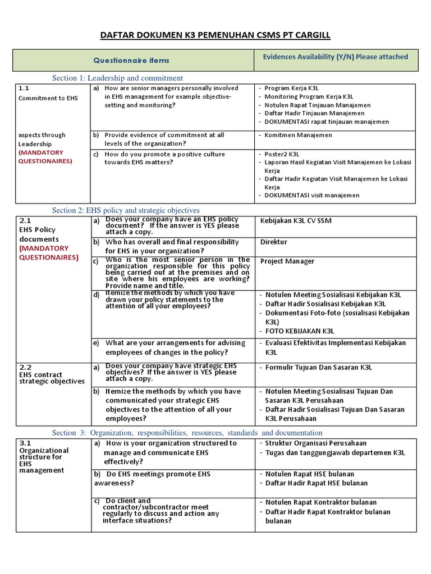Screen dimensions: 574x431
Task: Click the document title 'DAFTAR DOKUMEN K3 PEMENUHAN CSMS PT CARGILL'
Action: (215, 35)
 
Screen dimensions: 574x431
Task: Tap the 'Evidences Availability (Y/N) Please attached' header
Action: (336, 57)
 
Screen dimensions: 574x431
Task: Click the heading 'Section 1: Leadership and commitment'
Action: (117, 78)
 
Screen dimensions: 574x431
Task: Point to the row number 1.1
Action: (24, 88)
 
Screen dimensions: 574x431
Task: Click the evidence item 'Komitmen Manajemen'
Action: (298, 135)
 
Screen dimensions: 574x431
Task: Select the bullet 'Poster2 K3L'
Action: (282, 154)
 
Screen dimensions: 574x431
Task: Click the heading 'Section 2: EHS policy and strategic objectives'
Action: (126, 210)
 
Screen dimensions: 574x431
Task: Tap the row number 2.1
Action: (25, 221)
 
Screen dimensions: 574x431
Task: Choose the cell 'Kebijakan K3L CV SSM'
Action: (296, 221)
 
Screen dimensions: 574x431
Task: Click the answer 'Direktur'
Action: (274, 242)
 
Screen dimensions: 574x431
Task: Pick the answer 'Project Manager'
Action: (287, 261)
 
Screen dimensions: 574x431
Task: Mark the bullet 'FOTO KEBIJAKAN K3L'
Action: (300, 331)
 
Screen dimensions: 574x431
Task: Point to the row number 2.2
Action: (25, 367)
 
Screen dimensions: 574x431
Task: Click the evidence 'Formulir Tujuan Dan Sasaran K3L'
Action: (318, 368)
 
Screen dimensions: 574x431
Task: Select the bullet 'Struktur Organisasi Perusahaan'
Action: (316, 443)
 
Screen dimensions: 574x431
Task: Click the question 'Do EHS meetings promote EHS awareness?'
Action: (152, 478)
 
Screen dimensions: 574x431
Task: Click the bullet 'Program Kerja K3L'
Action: (292, 88)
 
